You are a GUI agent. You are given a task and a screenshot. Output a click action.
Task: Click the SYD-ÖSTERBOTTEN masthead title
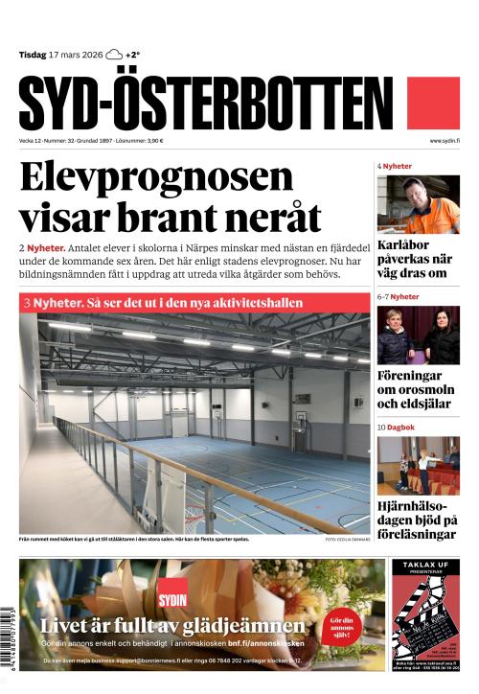(205, 103)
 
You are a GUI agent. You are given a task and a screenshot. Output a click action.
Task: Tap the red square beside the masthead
(433, 103)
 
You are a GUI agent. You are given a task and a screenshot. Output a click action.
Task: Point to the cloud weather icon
(114, 55)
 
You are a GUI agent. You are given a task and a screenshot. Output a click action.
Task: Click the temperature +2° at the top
(133, 55)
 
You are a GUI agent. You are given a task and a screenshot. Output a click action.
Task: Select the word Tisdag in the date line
(34, 55)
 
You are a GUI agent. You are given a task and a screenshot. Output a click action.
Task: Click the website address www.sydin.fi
(445, 141)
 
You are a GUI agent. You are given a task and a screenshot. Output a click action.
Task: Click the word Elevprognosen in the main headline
(156, 177)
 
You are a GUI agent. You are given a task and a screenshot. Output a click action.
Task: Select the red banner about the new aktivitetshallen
(194, 302)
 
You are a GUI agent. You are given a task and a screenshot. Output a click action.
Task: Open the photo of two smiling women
(418, 335)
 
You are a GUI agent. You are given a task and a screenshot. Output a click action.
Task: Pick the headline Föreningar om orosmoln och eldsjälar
(415, 389)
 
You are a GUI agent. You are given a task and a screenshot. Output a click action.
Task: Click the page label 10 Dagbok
(395, 427)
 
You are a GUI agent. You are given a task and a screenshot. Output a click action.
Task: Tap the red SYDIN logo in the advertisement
(172, 589)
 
